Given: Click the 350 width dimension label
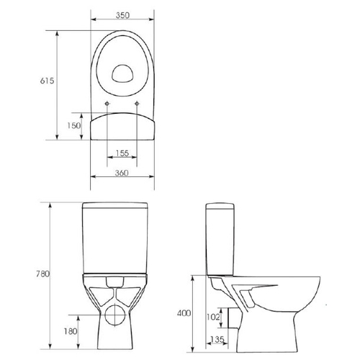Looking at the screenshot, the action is pyautogui.click(x=122, y=15).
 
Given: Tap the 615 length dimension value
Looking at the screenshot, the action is pyautogui.click(x=47, y=81).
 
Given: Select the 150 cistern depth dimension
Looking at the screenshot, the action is pyautogui.click(x=74, y=125).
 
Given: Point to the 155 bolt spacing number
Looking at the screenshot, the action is pyautogui.click(x=122, y=153).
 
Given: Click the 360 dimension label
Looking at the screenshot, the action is pyautogui.click(x=122, y=173).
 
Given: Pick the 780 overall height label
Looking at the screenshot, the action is pyautogui.click(x=42, y=274).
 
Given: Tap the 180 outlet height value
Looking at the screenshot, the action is pyautogui.click(x=71, y=331).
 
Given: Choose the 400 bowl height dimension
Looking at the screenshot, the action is pyautogui.click(x=184, y=313).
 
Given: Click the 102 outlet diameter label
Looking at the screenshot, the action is pyautogui.click(x=213, y=317).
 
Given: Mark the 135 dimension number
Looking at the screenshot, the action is pyautogui.click(x=217, y=339).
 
